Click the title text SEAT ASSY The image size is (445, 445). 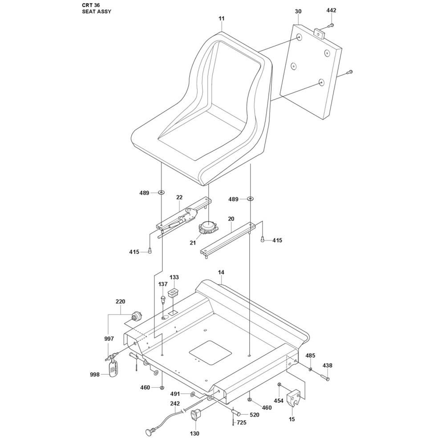97,12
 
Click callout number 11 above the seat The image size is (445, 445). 222,18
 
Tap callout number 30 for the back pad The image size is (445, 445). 298,12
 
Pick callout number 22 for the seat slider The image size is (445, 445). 179,197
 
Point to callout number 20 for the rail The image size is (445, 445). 231,219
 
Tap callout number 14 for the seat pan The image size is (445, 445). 221,272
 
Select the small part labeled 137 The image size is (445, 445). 163,299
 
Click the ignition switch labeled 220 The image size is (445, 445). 136,316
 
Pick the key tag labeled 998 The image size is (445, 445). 113,368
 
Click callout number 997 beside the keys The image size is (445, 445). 109,339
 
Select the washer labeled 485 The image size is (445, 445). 310,369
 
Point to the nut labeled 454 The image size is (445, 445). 279,384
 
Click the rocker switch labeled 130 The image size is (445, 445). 195,415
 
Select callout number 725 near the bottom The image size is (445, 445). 241,423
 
